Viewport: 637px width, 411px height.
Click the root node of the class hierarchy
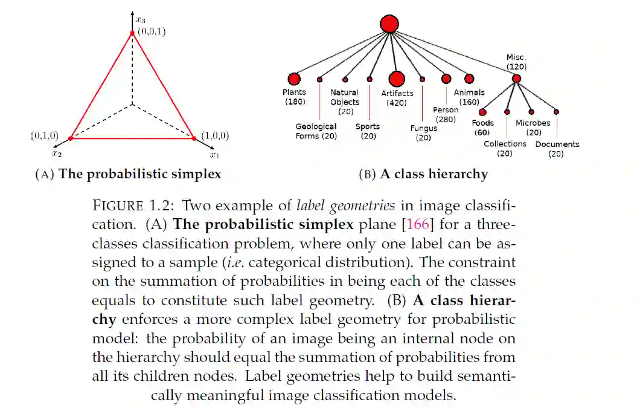click(x=390, y=24)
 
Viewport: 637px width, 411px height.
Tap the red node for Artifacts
click(x=397, y=79)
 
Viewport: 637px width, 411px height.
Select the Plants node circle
click(x=294, y=79)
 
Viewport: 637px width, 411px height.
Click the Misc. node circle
click(x=516, y=79)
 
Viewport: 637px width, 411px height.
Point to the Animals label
click(x=469, y=92)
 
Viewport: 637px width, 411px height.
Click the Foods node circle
click(x=482, y=112)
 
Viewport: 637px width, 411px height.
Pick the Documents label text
click(x=557, y=144)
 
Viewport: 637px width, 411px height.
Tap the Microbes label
click(x=533, y=123)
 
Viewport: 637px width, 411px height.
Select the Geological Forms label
click(x=316, y=131)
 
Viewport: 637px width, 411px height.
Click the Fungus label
click(x=423, y=129)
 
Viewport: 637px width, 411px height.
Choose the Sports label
click(x=368, y=126)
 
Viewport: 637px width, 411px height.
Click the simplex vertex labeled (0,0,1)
click(x=132, y=33)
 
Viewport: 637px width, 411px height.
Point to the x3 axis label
click(x=139, y=21)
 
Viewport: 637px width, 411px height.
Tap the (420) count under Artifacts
click(x=397, y=103)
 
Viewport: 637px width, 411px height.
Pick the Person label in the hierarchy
click(x=446, y=110)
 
